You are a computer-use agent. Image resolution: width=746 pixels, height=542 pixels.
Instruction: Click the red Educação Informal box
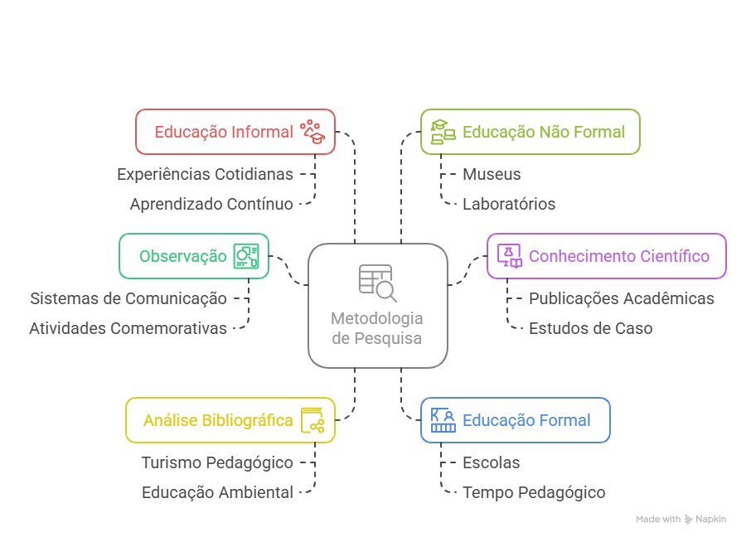point(235,132)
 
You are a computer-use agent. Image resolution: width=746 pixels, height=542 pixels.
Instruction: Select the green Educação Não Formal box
point(530,132)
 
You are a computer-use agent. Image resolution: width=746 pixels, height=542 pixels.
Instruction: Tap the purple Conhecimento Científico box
point(606,256)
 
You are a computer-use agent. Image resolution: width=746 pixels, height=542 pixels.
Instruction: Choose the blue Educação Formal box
point(515,420)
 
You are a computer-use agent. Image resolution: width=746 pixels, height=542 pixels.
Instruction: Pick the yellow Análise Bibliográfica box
point(230,420)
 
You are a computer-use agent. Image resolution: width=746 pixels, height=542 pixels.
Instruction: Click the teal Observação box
point(194,256)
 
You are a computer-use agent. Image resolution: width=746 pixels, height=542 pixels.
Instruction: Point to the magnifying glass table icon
point(377,282)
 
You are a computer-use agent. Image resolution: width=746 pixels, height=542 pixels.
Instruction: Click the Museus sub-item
point(492,174)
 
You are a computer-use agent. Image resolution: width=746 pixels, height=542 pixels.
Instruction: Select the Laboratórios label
point(509,204)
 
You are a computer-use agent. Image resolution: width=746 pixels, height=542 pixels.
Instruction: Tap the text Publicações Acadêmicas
point(621,298)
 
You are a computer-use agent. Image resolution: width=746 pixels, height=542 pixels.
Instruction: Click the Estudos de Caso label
point(590,328)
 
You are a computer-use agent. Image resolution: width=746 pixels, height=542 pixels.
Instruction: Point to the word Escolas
point(491,462)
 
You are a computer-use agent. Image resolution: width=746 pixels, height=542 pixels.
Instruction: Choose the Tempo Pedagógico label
point(534,492)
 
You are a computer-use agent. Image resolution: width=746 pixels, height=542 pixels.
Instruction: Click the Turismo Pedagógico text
point(217,462)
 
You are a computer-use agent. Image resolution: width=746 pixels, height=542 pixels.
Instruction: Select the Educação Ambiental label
point(217,492)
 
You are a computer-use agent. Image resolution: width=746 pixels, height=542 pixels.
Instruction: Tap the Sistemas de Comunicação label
point(128,298)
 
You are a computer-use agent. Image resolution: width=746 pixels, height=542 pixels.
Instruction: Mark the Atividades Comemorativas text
point(128,328)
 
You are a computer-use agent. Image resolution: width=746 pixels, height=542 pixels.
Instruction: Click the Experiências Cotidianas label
point(205,174)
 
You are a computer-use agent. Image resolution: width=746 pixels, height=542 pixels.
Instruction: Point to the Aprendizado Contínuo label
point(211,204)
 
